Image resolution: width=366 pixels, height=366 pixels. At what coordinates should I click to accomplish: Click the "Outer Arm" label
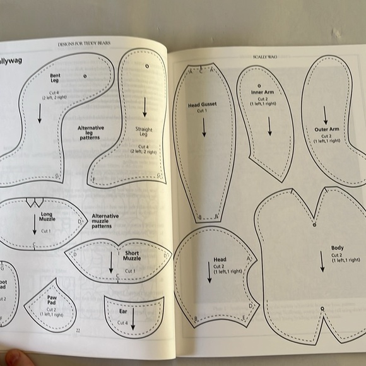(x=327, y=129)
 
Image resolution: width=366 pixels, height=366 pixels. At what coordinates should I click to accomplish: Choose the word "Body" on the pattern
(x=337, y=248)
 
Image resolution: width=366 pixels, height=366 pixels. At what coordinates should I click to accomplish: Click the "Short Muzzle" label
(x=132, y=255)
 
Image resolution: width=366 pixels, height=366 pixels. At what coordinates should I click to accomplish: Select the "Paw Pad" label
(x=52, y=303)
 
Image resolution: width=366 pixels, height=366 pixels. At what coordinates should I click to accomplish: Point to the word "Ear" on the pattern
(x=123, y=311)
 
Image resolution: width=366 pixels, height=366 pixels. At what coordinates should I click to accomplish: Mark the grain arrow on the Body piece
(x=322, y=260)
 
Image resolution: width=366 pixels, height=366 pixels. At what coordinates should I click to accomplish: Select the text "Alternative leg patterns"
(x=90, y=133)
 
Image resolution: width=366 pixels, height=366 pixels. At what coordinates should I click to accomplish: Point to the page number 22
(x=78, y=330)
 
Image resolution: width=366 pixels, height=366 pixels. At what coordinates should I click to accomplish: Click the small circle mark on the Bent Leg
(x=85, y=75)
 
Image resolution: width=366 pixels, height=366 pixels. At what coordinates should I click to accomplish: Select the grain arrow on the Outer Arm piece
(x=326, y=114)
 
